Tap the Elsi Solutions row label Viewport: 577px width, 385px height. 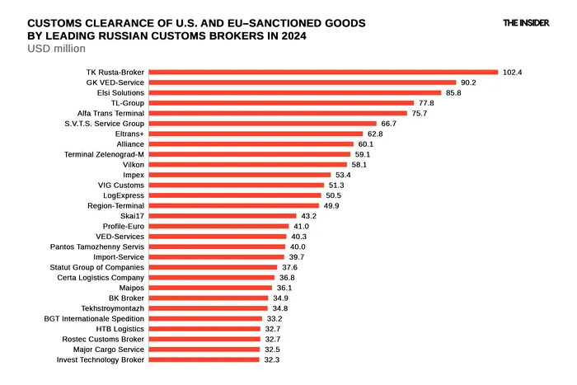[x=120, y=93]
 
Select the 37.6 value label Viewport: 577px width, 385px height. [x=289, y=267]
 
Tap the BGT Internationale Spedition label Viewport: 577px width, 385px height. [x=94, y=318]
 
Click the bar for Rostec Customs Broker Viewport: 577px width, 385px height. [x=205, y=339]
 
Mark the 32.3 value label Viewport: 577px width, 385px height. [x=271, y=359]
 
